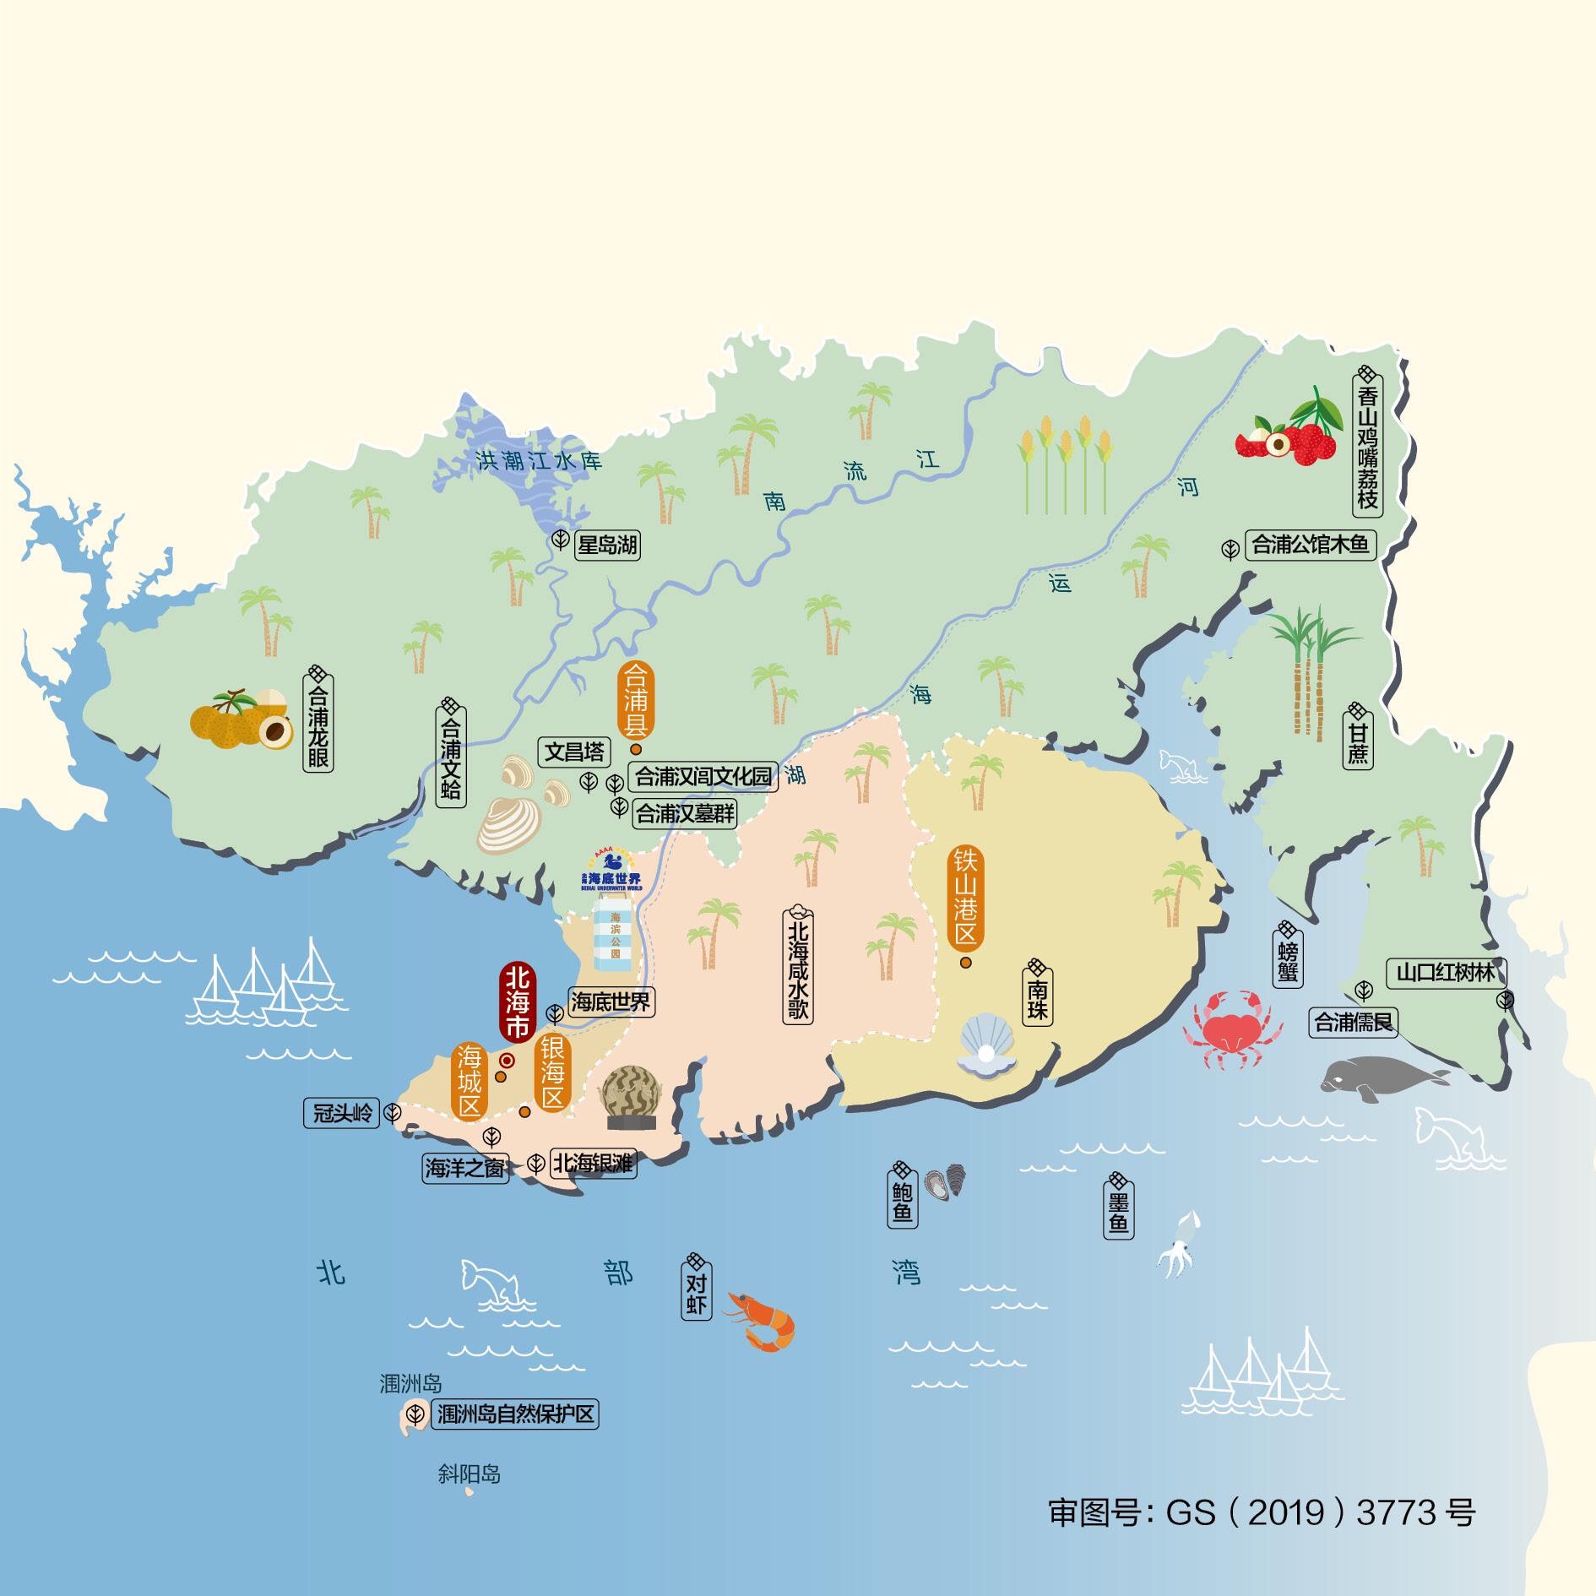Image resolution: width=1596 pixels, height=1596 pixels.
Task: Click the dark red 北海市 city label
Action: [x=517, y=1003]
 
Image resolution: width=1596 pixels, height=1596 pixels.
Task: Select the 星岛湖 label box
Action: [x=606, y=545]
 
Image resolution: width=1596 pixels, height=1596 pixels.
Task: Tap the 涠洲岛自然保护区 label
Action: [x=515, y=1414]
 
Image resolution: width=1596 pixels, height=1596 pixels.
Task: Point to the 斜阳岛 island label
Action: [x=470, y=1474]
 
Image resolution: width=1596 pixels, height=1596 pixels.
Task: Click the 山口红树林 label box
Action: [x=1445, y=973]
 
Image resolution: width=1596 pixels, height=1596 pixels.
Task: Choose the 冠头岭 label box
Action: [x=343, y=1113]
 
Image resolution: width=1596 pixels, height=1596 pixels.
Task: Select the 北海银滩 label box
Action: [x=593, y=1164]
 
